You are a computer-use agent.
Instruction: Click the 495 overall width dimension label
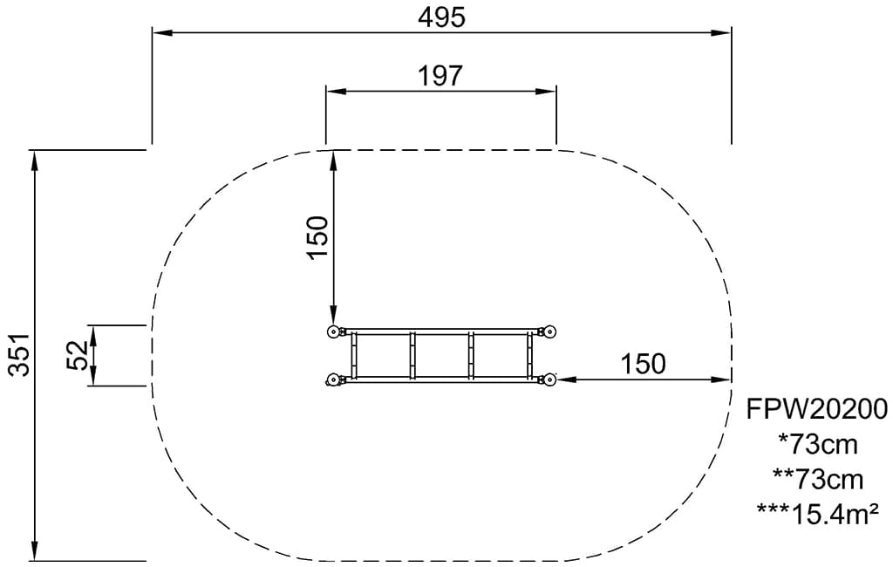click(x=441, y=17)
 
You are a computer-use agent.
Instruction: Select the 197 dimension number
click(x=440, y=75)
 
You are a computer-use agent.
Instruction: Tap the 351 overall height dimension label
click(x=19, y=354)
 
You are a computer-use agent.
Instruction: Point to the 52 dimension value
click(x=77, y=355)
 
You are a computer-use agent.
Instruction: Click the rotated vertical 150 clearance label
click(x=317, y=237)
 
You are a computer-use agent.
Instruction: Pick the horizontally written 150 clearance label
click(x=643, y=364)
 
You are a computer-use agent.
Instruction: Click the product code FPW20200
click(x=817, y=409)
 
